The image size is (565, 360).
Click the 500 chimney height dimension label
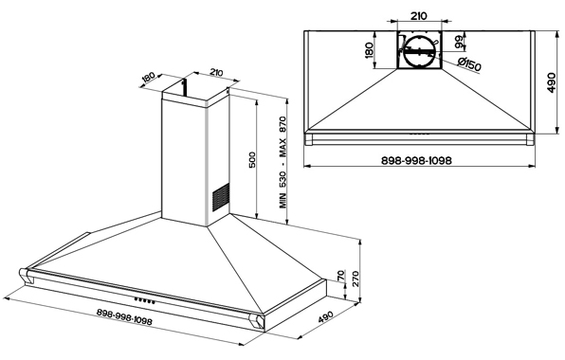pyautogui.click(x=252, y=159)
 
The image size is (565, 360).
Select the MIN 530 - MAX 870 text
pyautogui.click(x=282, y=162)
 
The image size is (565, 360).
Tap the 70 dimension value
pyautogui.click(x=341, y=276)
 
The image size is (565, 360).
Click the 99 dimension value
pyautogui.click(x=459, y=42)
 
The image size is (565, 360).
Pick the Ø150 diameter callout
pyautogui.click(x=469, y=64)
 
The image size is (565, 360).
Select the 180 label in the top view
pyautogui.click(x=369, y=50)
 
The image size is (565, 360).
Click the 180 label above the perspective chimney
pyautogui.click(x=148, y=77)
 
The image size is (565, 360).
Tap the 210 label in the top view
pyautogui.click(x=419, y=16)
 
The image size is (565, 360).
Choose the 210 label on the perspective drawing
pyautogui.click(x=216, y=73)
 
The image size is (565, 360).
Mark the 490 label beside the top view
pyautogui.click(x=551, y=82)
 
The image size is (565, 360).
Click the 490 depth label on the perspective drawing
pyautogui.click(x=325, y=316)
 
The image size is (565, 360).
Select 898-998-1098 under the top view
pyautogui.click(x=416, y=160)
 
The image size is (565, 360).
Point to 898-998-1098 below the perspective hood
pyautogui.click(x=124, y=316)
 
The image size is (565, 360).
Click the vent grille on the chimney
pyautogui.click(x=221, y=197)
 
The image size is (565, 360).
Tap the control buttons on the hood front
pyautogui.click(x=145, y=300)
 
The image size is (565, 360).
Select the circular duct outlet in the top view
pyautogui.click(x=419, y=51)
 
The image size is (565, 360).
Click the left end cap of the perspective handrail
pyautogui.click(x=26, y=275)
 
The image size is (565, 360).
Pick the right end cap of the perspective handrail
pyautogui.click(x=257, y=320)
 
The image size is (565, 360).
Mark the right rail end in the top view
pyautogui.click(x=530, y=139)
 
